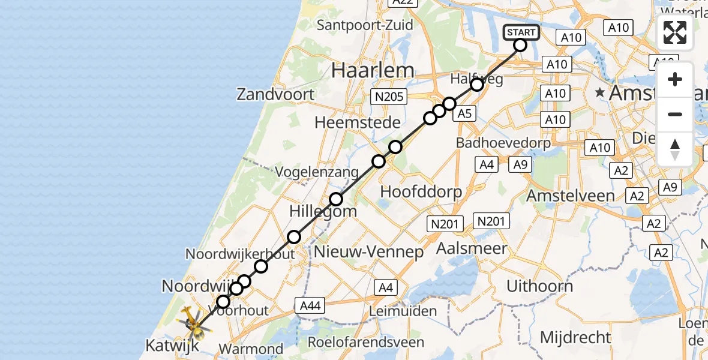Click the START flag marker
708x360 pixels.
click(x=520, y=32)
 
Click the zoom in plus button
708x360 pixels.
click(x=675, y=80)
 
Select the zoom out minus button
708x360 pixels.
click(x=675, y=114)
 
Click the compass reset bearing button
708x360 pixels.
click(x=675, y=149)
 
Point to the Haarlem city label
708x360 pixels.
click(x=373, y=70)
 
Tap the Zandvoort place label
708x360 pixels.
click(x=275, y=94)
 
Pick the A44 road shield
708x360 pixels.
click(x=310, y=306)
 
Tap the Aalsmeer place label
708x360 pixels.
click(x=472, y=248)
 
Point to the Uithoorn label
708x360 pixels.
click(x=539, y=286)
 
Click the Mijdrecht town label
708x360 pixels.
click(x=575, y=337)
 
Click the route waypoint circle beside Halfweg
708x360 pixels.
click(x=476, y=85)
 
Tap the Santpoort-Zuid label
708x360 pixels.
click(x=365, y=25)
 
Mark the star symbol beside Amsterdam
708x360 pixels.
click(x=599, y=93)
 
